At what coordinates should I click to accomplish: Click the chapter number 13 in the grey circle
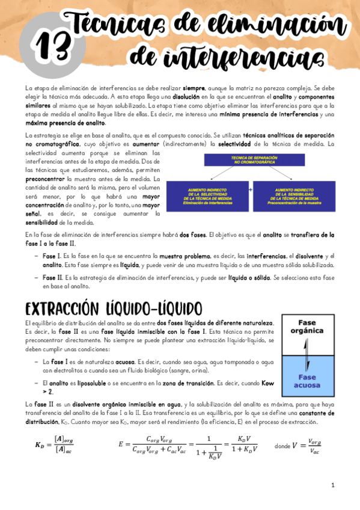pos(50,46)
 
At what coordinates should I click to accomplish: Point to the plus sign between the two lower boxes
pos(250,188)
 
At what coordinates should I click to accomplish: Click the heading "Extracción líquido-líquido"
pos(114,309)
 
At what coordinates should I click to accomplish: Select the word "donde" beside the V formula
pos(283,447)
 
